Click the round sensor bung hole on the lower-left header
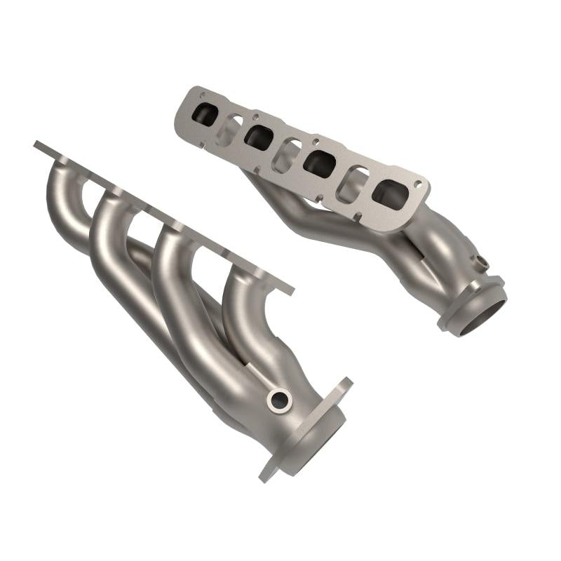(x=279, y=400)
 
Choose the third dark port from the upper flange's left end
(x=319, y=163)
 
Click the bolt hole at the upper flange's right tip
(x=419, y=184)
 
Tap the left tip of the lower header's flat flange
(x=36, y=145)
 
